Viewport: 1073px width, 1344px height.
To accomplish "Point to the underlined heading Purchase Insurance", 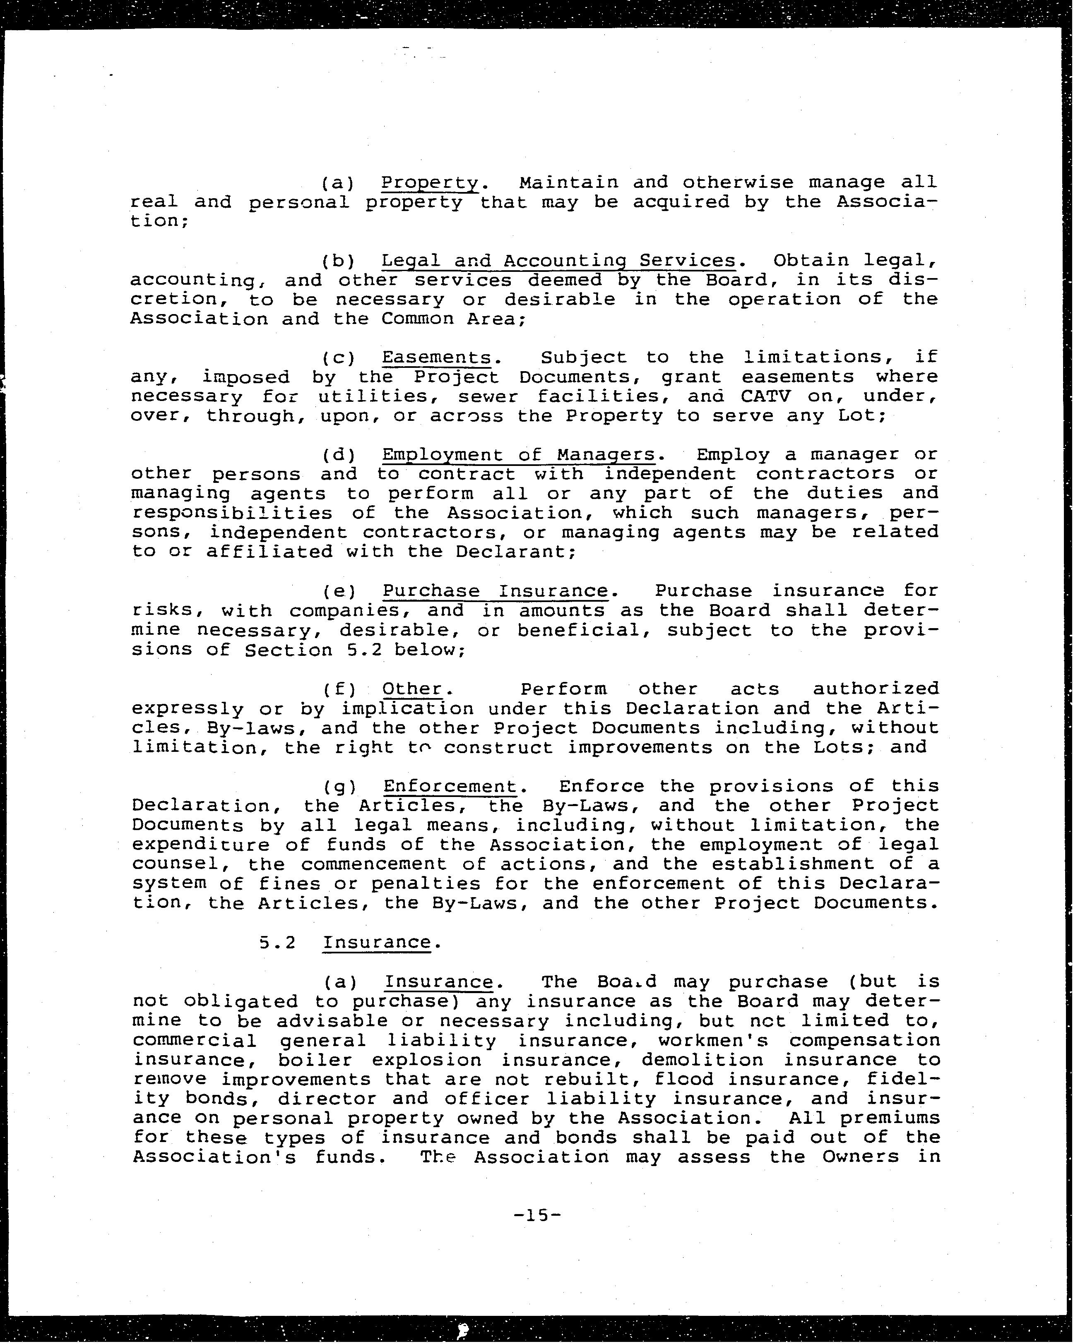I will tap(495, 590).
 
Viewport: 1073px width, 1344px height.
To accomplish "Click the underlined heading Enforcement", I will tap(450, 786).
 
